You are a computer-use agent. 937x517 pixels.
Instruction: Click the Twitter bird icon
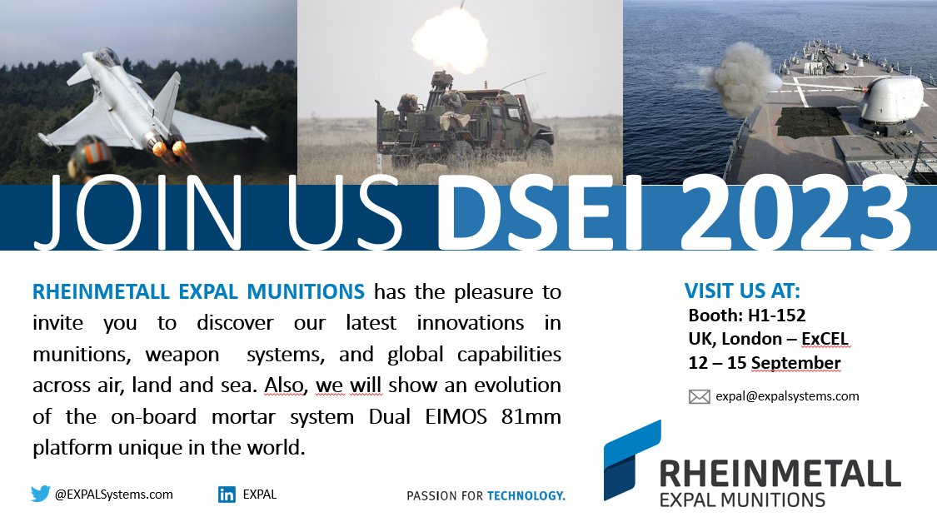tap(40, 494)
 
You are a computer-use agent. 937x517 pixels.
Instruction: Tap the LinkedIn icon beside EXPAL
tap(227, 495)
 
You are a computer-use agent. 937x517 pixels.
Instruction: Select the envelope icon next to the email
tap(699, 396)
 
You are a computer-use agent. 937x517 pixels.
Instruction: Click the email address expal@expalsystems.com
tap(786, 396)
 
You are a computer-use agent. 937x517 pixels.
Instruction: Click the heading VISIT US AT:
tap(742, 291)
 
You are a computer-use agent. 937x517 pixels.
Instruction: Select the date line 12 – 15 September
tap(764, 363)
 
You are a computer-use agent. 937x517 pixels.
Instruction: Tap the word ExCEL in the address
tap(820, 339)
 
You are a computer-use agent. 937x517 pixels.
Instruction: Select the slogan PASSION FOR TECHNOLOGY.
tap(486, 495)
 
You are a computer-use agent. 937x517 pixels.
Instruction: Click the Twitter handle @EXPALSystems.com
tap(114, 495)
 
